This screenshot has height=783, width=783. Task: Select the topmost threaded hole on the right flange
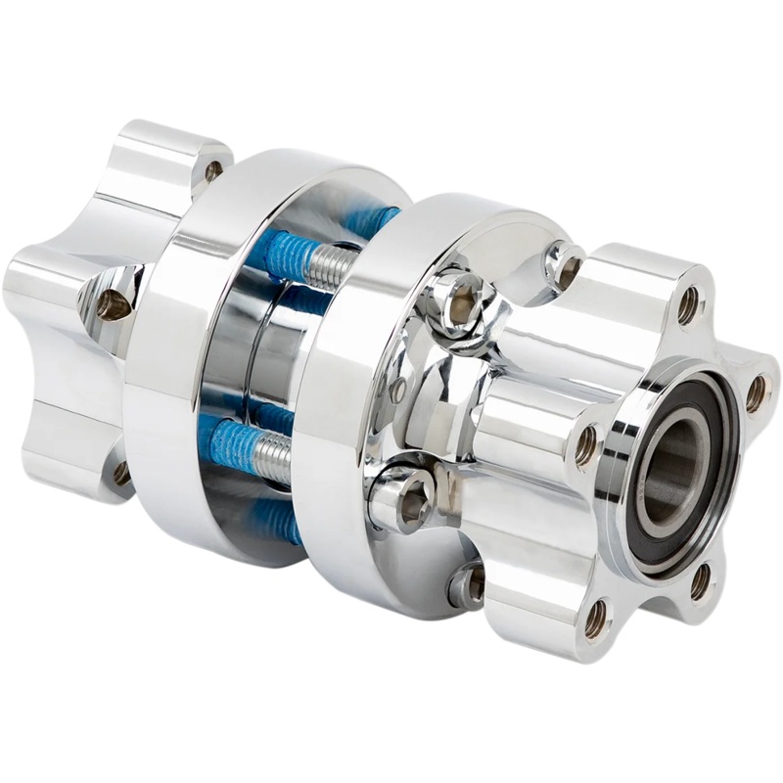pos(689,305)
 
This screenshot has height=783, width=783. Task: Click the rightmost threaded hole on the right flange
pos(756,393)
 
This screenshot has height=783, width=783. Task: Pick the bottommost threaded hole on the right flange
pos(596,619)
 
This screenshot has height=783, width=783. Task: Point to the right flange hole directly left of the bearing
pos(585,445)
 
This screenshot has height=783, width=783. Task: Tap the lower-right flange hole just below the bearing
pos(701,581)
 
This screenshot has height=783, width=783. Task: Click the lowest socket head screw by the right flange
pos(468,585)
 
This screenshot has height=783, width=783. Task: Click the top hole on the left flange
pos(212,170)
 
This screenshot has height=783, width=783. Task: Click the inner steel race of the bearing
pos(654,460)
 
